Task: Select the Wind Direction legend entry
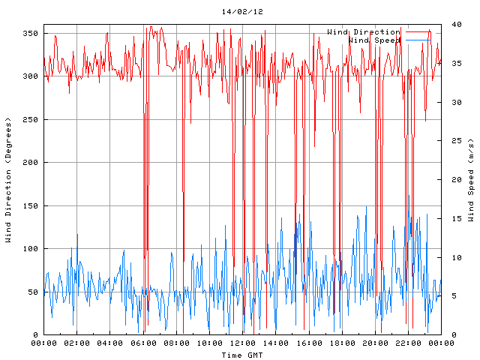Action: pyautogui.click(x=363, y=31)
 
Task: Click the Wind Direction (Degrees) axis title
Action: pyautogui.click(x=8, y=180)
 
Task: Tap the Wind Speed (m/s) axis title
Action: pyautogui.click(x=471, y=180)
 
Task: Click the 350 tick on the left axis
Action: pyautogui.click(x=30, y=34)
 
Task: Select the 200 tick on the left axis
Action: pyautogui.click(x=30, y=163)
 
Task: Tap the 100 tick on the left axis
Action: pyautogui.click(x=30, y=249)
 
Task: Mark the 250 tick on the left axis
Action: pyautogui.click(x=30, y=120)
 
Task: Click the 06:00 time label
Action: pyautogui.click(x=143, y=343)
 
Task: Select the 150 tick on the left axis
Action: pyautogui.click(x=30, y=206)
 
